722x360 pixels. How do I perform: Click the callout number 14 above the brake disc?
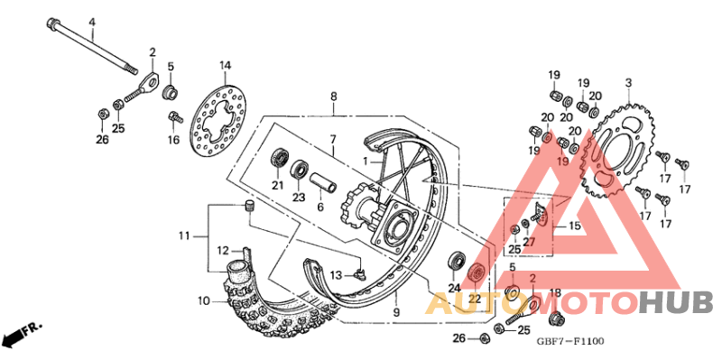[225, 65]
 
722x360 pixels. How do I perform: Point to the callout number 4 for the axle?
[90, 22]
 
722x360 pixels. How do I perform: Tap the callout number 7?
[332, 139]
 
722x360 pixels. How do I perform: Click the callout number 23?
[298, 197]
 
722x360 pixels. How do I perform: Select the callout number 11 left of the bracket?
[184, 236]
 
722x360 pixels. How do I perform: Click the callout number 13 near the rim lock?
[334, 274]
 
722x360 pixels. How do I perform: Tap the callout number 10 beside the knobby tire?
[204, 300]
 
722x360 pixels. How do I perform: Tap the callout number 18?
[555, 292]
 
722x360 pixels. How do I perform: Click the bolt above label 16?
[174, 116]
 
